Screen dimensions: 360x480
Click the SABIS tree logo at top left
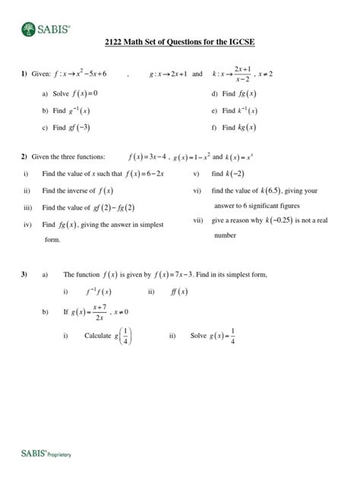(27, 30)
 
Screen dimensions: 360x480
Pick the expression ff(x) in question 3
(180, 291)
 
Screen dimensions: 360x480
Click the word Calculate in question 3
(97, 336)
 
